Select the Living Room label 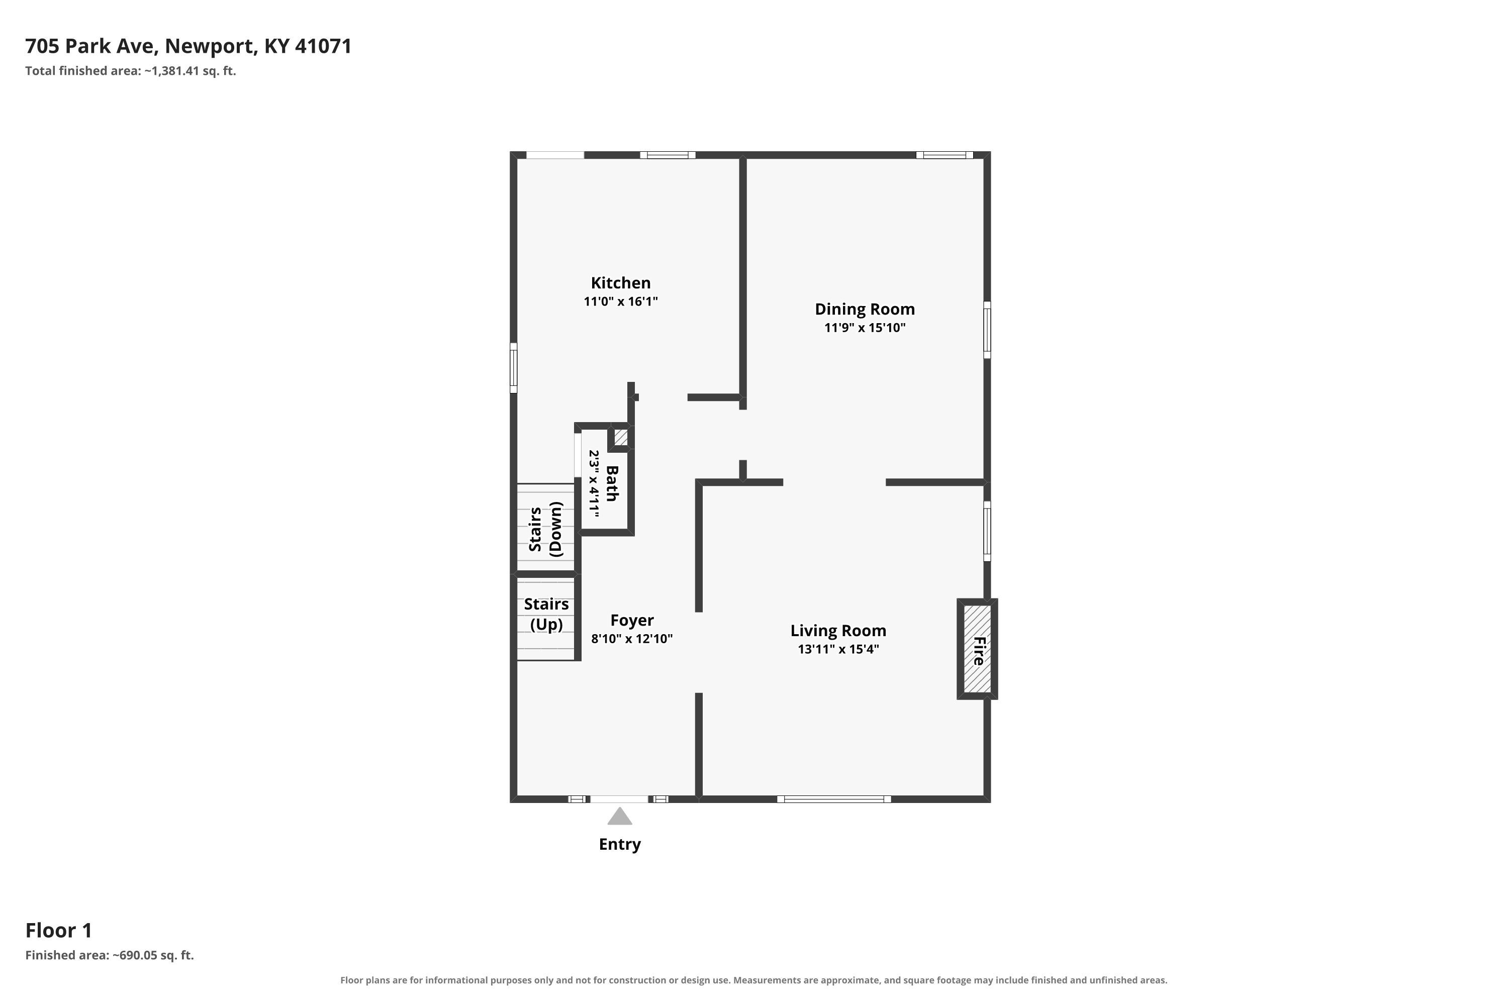838,631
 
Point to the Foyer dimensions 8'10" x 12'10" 631,638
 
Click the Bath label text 612,483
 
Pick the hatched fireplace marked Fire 977,649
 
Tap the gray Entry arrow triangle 619,816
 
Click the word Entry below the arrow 619,844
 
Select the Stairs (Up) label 546,614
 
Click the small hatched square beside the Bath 621,437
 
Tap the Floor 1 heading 59,930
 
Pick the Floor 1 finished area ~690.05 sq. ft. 153,955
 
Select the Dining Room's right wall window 987,330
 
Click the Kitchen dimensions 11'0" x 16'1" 621,301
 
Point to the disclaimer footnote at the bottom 753,980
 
